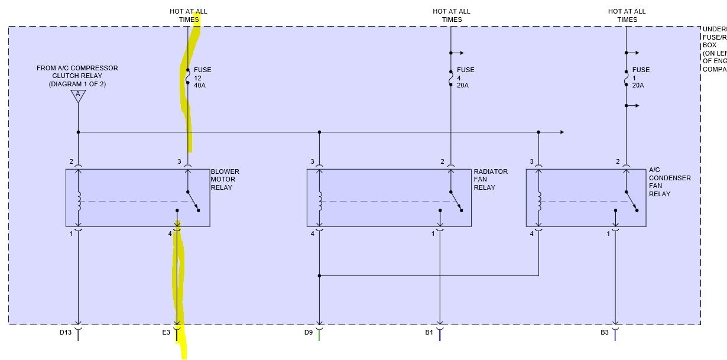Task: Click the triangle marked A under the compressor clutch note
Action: (x=77, y=95)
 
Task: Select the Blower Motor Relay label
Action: (x=225, y=180)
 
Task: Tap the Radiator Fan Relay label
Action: (x=490, y=180)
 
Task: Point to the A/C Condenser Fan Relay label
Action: (x=669, y=181)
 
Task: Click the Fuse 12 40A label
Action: (x=202, y=77)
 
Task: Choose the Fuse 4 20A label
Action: (x=465, y=77)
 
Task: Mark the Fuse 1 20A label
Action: (x=641, y=77)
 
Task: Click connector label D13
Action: (x=65, y=333)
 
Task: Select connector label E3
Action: (x=166, y=333)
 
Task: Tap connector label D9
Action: (x=308, y=333)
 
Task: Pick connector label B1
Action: (x=429, y=333)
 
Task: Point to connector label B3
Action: (x=604, y=333)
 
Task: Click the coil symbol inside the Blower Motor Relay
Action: (x=78, y=201)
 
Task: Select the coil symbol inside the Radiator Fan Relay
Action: (x=319, y=201)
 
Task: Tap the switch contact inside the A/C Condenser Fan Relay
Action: (x=631, y=200)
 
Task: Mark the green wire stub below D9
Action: (x=319, y=335)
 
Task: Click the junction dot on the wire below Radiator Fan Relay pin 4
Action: (x=319, y=275)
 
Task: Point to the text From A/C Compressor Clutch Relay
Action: (x=77, y=76)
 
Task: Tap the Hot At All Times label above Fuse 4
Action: (x=452, y=15)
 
